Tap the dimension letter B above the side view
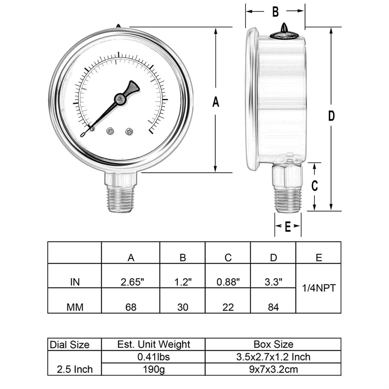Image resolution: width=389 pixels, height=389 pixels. tap(275, 12)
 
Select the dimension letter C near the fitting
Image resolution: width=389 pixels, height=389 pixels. tap(315, 186)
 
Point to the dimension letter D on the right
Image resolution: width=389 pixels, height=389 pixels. tap(331, 116)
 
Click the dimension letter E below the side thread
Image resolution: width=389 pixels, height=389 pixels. tap(288, 227)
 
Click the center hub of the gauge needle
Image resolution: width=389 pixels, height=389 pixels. tap(120, 99)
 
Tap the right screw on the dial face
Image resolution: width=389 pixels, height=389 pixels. tap(129, 132)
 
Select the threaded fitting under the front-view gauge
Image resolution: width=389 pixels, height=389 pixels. tap(120, 200)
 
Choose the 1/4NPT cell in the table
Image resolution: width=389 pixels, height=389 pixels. tap(319, 288)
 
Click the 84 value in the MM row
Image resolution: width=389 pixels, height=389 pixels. tap(273, 307)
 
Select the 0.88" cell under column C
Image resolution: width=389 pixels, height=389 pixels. tap(228, 282)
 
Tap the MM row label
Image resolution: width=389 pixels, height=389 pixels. tap(75, 307)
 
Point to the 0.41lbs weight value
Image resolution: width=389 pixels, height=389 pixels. tap(154, 357)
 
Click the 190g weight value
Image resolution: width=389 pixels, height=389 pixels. tap(154, 369)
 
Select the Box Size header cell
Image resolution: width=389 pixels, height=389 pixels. tap(273, 344)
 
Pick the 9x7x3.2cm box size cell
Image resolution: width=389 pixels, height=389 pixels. tap(273, 369)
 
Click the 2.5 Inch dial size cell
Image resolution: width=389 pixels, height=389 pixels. tap(75, 369)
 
